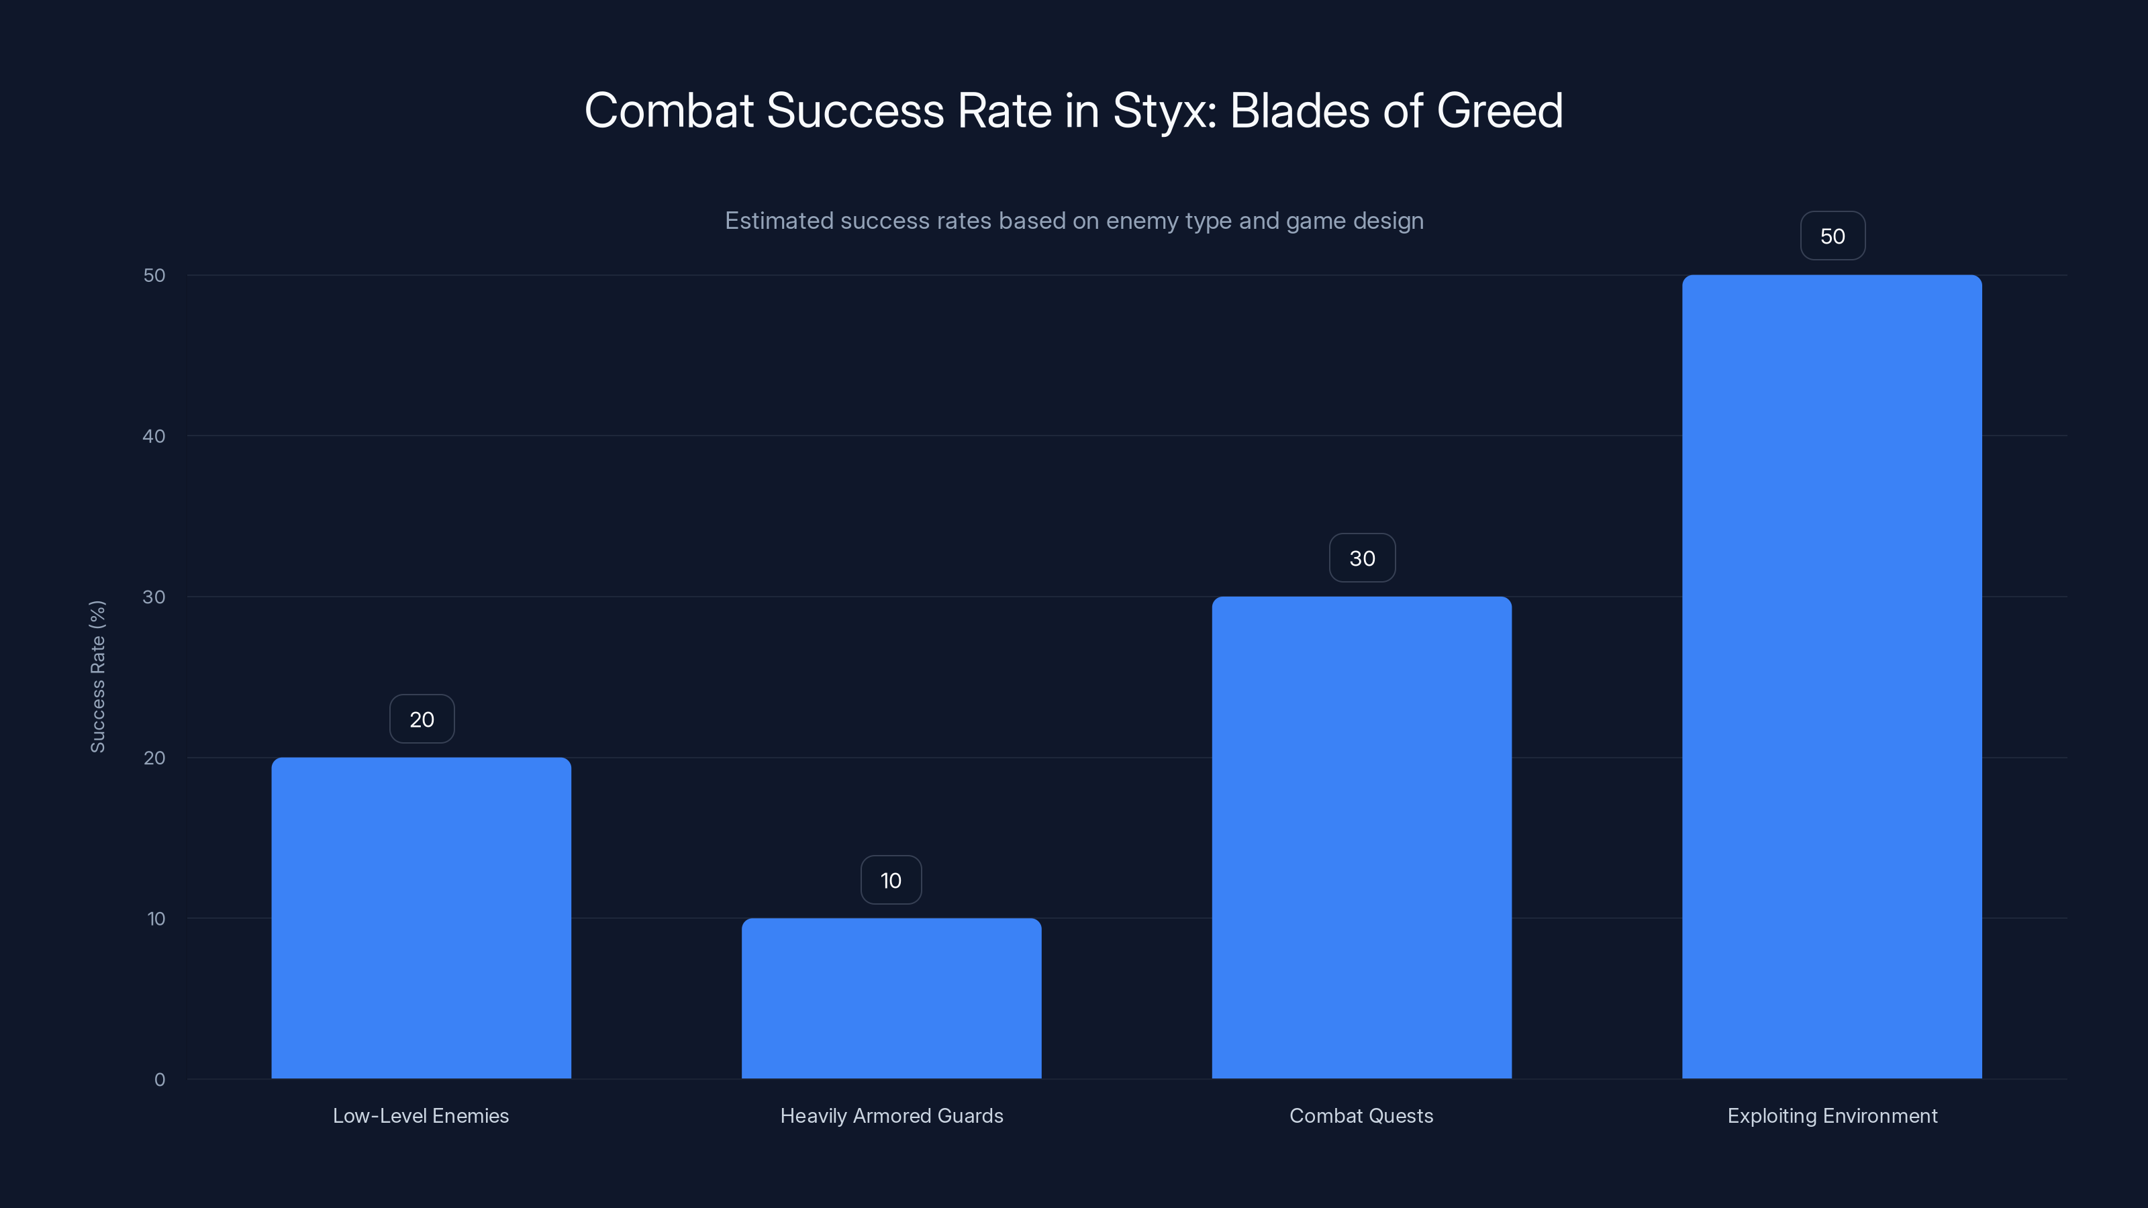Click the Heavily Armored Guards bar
tap(891, 998)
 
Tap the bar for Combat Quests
tap(1362, 837)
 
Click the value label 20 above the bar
tap(422, 719)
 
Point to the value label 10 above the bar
tap(891, 880)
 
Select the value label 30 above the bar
tap(1362, 558)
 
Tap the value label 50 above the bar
tap(1832, 236)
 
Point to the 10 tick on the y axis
tap(156, 919)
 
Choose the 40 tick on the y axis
tap(154, 436)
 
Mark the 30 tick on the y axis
tap(154, 597)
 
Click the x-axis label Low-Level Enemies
tap(420, 1115)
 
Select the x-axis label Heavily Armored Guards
tap(891, 1115)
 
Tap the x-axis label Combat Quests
tap(1361, 1115)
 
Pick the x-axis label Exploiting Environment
tap(1832, 1115)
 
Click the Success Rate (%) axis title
tap(97, 676)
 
